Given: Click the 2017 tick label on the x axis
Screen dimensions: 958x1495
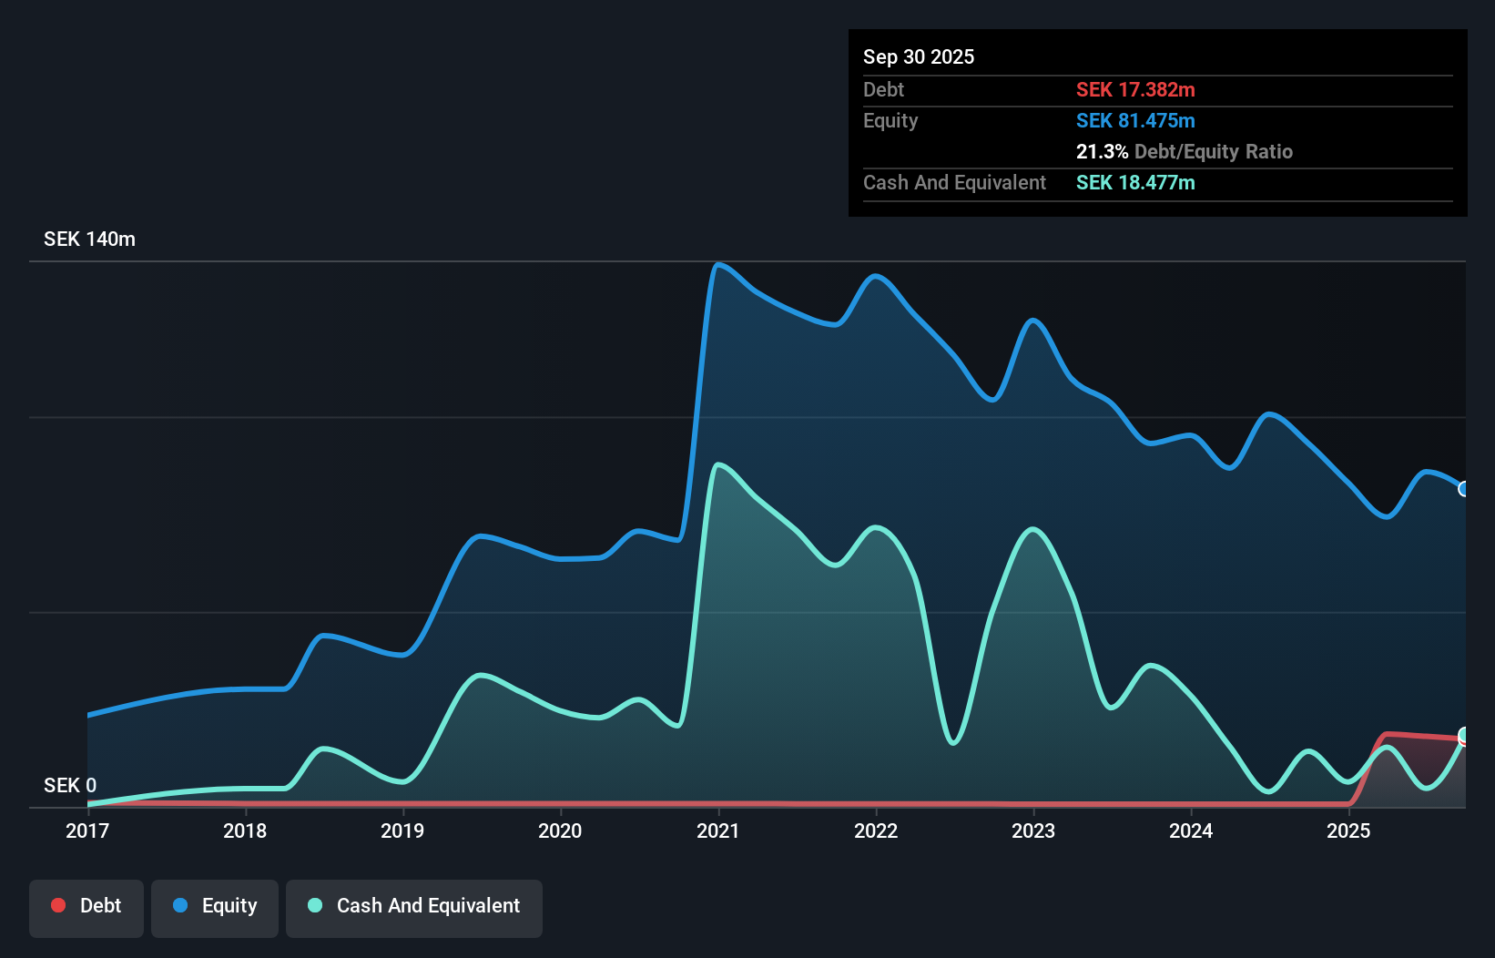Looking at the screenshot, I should point(87,831).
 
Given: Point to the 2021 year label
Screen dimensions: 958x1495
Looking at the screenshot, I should point(717,831).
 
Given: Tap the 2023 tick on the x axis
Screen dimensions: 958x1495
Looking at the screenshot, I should point(1033,831).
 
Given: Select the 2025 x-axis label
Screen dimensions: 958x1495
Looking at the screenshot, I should point(1348,831).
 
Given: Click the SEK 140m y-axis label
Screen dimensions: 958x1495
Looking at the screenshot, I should point(89,239).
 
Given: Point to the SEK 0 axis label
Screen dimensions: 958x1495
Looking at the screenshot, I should point(70,785).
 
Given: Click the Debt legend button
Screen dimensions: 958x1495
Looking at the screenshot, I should point(86,906).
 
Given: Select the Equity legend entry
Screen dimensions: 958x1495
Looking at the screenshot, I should point(215,906).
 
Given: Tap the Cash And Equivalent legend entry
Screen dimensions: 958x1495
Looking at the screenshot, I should point(414,906).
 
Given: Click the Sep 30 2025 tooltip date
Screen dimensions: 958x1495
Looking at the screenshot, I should point(919,57).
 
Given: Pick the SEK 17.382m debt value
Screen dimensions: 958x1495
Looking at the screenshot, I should point(1135,90).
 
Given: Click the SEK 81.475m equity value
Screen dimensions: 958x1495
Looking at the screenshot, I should point(1135,121).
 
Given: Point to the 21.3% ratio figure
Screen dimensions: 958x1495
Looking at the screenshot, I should point(1102,152).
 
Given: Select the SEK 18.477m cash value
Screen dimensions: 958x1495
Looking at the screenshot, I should point(1135,183).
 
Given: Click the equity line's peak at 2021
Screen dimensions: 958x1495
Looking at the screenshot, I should point(718,265).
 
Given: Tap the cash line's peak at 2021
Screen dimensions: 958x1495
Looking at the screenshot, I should point(719,465).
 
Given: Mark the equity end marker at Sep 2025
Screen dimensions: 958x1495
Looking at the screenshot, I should point(1464,489).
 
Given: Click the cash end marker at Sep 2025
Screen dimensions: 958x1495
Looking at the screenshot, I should point(1464,735).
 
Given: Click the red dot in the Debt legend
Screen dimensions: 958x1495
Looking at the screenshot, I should point(58,905).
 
